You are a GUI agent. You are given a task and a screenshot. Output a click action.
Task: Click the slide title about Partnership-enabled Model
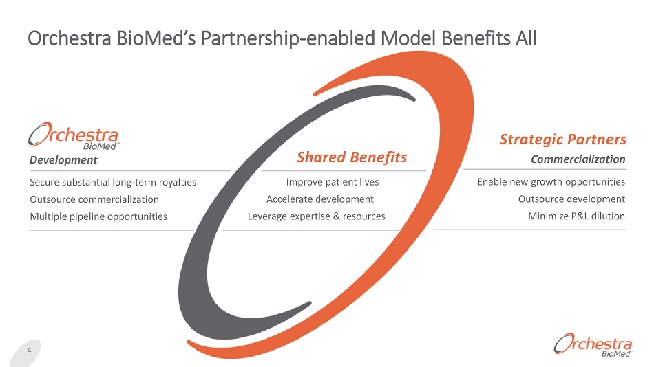coord(282,38)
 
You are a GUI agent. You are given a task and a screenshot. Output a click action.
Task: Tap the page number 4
coord(29,351)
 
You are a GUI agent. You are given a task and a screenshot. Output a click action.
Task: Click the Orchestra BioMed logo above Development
coord(74,135)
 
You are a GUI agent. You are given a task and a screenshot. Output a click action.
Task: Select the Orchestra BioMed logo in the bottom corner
coord(593,345)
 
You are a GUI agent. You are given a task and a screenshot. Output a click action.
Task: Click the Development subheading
coord(63,160)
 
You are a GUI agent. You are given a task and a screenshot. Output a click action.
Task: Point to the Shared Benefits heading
coord(352,157)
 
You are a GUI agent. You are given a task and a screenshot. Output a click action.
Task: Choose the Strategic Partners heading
coord(563,139)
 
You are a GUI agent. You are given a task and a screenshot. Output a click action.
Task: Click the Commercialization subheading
coord(578,159)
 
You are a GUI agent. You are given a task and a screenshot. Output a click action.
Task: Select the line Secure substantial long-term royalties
coord(113,182)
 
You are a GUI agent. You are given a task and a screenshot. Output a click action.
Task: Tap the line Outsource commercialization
coord(94,199)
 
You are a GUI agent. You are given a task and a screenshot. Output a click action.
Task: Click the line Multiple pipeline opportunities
coord(98,216)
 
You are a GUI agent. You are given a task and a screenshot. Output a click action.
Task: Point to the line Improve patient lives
coord(333,182)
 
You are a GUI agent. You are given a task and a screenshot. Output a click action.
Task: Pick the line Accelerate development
coord(320,199)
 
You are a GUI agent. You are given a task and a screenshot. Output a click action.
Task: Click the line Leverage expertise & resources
coord(317,216)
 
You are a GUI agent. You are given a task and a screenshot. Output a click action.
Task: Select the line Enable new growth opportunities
coord(551,182)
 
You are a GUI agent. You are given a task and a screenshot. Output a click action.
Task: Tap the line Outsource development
coord(571,199)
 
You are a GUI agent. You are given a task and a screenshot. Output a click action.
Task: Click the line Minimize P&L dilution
coord(576,216)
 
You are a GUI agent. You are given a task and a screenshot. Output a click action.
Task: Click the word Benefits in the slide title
coord(476,38)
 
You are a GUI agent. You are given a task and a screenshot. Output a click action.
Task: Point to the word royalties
coord(178,182)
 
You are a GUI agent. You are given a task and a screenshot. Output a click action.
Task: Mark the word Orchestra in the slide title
coord(70,38)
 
